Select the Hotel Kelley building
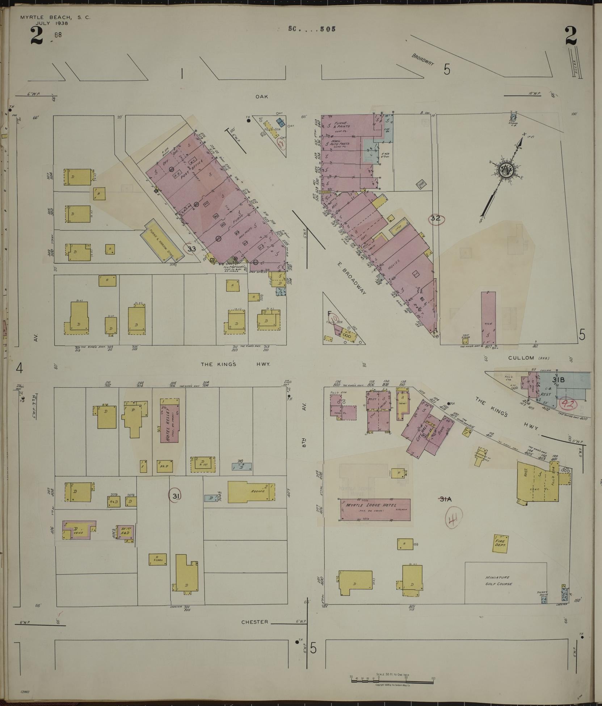pyautogui.click(x=170, y=420)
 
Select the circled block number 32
pyautogui.click(x=435, y=218)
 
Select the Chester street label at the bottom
pyautogui.click(x=255, y=622)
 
